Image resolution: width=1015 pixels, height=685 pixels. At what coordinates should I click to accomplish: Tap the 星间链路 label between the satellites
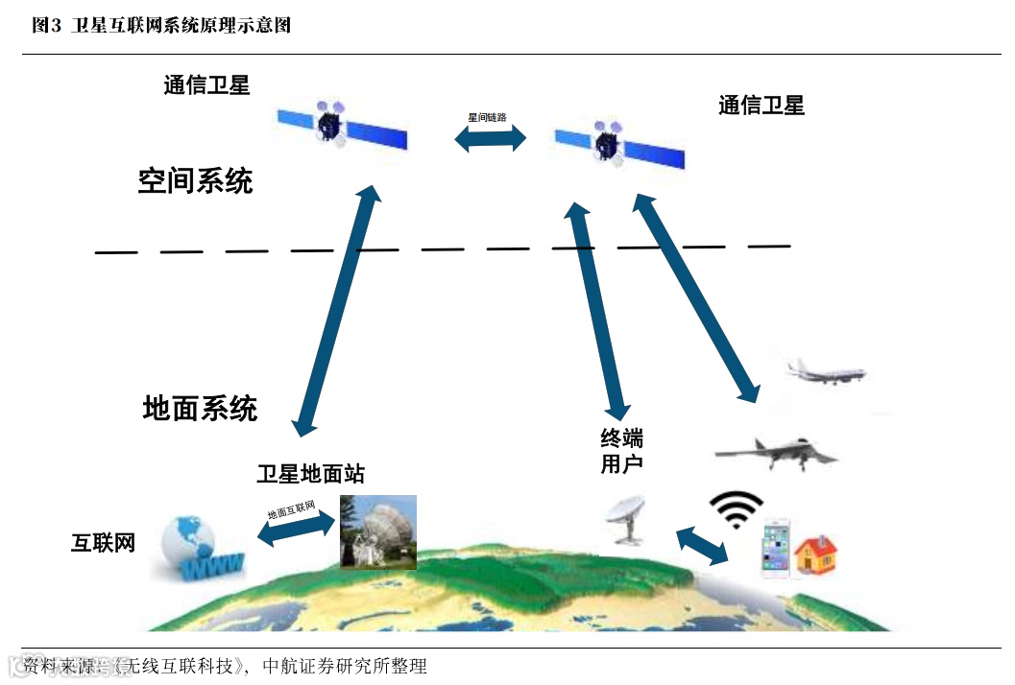[x=487, y=117]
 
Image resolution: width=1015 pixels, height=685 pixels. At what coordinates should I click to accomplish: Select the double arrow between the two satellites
[x=491, y=138]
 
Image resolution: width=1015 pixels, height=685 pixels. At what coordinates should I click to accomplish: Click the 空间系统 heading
[x=195, y=179]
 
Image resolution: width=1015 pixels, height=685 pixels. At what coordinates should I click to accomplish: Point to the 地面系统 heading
[x=200, y=408]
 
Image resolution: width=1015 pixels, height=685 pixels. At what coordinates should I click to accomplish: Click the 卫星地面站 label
[x=310, y=473]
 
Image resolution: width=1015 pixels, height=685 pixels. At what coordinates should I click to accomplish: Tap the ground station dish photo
[x=378, y=532]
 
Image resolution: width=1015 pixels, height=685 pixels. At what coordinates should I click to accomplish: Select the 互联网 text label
[x=103, y=543]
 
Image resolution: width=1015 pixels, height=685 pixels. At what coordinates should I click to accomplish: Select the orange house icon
[x=815, y=555]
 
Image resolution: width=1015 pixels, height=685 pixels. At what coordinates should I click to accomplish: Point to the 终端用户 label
[x=621, y=452]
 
